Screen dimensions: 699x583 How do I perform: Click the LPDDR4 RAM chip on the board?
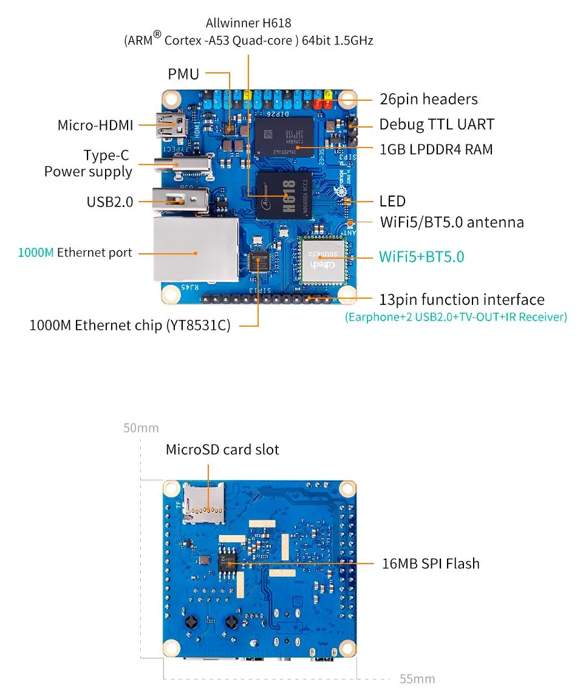[x=284, y=136]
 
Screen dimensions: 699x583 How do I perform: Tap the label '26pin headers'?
[x=428, y=99]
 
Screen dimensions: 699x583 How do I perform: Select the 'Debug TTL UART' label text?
[x=437, y=124]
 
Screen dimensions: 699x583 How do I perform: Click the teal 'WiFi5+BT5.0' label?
[x=421, y=256]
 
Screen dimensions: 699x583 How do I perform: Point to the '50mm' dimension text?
[x=141, y=428]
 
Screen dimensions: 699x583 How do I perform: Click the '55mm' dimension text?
[x=417, y=679]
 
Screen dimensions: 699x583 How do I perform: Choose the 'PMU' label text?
[x=183, y=74]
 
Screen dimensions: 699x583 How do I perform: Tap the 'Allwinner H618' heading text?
[x=248, y=23]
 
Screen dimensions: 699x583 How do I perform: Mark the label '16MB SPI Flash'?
[x=430, y=564]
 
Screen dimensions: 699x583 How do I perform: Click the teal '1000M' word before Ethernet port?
[x=36, y=253]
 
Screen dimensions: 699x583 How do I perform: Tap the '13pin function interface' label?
[x=462, y=299]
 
